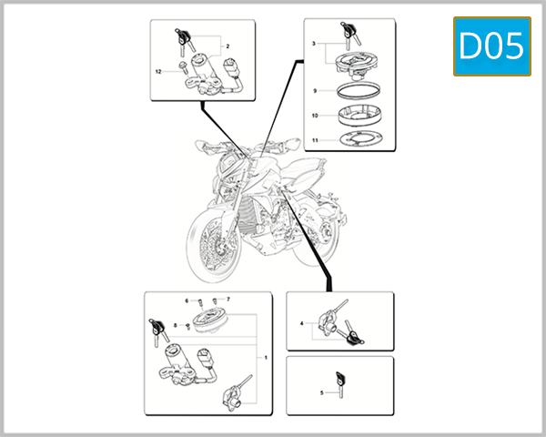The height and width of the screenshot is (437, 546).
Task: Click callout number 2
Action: coord(227,46)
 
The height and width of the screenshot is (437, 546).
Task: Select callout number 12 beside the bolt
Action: coord(157,71)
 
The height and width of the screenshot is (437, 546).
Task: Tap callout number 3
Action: coord(313,44)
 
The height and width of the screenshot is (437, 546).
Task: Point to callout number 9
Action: coord(314,91)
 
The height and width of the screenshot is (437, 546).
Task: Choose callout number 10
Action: coord(314,117)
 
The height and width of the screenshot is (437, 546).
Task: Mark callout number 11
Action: coord(314,140)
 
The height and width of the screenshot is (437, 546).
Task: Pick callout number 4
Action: coord(301,323)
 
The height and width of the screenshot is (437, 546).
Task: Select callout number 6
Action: coord(187,300)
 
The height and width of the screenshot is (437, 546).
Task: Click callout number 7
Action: coord(228,299)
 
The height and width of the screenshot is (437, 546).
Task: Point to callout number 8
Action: coord(175,325)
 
